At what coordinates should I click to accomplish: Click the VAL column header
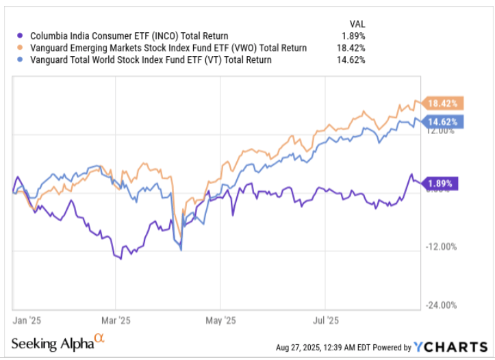coord(356,23)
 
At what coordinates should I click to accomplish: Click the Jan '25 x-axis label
coord(27,320)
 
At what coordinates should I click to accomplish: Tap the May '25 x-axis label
coord(221,320)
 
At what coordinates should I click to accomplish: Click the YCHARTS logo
coord(448,346)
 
